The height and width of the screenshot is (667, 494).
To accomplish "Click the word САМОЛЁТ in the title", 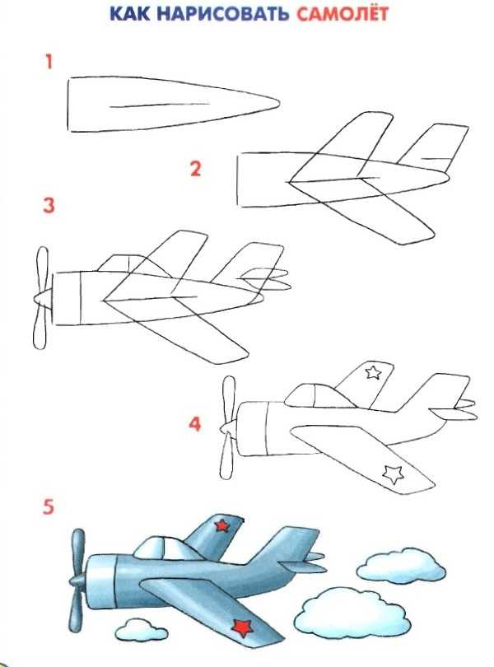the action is (x=343, y=14).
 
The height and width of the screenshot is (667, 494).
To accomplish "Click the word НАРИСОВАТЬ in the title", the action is (x=223, y=15).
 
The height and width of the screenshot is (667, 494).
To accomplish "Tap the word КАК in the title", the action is (x=130, y=15).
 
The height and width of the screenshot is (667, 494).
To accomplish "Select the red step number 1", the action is (x=49, y=62).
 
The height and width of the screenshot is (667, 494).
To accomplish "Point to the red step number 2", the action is (x=195, y=169).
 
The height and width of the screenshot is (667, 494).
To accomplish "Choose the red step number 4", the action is (x=194, y=424).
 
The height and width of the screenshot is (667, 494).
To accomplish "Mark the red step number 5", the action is (x=49, y=507).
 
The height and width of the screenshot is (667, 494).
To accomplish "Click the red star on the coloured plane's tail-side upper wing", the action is (x=221, y=525).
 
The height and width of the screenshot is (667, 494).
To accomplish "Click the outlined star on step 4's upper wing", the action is (x=373, y=372).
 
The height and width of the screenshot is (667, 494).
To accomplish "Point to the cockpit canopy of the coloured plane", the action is (x=166, y=548).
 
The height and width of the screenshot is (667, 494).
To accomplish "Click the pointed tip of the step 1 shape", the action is (x=279, y=103).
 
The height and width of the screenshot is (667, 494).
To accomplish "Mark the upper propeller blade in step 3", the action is (x=42, y=268).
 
